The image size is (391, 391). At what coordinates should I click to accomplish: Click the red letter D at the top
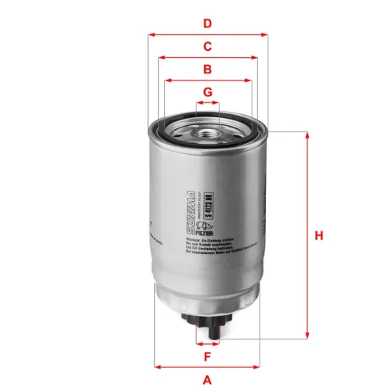click(x=207, y=23)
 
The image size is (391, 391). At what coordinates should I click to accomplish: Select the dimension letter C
click(x=207, y=46)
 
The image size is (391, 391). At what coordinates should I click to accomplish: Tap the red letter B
click(x=207, y=70)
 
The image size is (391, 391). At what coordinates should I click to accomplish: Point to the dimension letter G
click(x=207, y=92)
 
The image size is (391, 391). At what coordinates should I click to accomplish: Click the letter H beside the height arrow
click(x=318, y=236)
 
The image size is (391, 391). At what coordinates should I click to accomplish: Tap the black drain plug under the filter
click(x=207, y=320)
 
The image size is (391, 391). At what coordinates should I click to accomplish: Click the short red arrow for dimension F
click(x=207, y=343)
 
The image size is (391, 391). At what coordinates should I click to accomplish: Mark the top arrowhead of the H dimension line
click(x=306, y=135)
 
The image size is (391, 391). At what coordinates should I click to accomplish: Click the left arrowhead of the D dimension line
click(x=149, y=34)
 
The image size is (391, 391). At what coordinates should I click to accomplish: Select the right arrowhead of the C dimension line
click(x=256, y=57)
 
